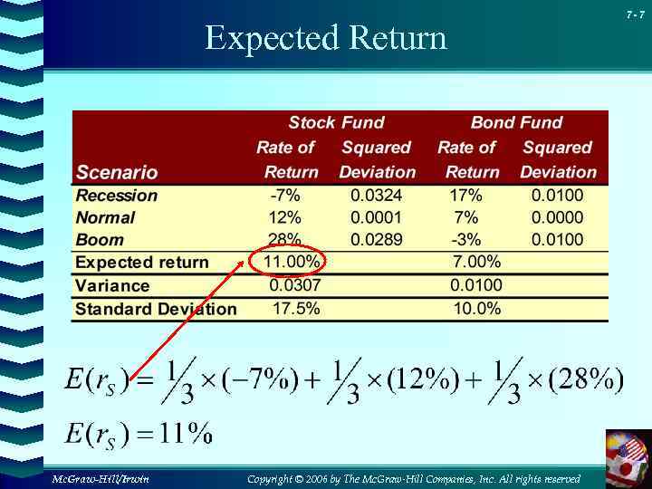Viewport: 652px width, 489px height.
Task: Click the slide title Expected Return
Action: pos(325,39)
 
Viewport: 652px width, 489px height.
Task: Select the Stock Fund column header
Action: pos(336,122)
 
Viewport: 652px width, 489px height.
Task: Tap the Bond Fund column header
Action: pos(516,122)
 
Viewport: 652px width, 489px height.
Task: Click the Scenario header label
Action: pos(117,172)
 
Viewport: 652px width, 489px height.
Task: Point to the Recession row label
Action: pos(117,196)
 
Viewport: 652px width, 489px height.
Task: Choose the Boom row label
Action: pos(100,240)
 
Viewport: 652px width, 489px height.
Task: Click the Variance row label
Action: pos(112,285)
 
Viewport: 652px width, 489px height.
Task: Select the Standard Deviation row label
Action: pos(156,309)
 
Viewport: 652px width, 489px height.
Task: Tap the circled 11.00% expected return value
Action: pos(292,262)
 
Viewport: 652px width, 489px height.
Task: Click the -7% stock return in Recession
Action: pos(285,196)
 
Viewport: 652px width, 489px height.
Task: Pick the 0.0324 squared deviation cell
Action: pos(377,196)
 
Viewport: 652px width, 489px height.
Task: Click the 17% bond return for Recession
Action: pos(465,196)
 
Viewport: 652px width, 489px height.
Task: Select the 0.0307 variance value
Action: pos(295,285)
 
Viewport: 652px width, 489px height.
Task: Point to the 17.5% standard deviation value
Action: pos(296,309)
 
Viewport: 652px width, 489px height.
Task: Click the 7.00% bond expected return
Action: pos(475,262)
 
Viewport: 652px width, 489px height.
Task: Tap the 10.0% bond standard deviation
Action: pos(476,309)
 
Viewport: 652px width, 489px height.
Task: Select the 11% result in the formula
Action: pos(186,435)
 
